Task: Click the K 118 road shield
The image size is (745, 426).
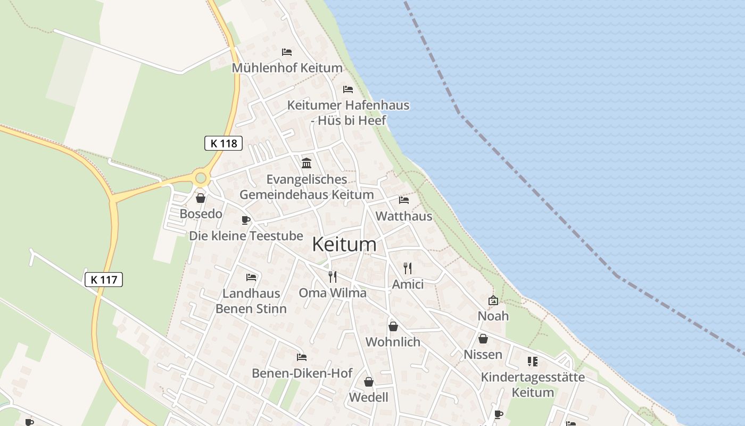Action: click(223, 143)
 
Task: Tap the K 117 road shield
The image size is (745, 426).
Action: click(104, 279)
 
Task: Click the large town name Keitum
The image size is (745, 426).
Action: click(344, 244)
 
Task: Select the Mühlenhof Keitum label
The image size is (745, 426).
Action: click(287, 68)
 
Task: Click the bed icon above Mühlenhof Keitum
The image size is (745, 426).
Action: click(287, 52)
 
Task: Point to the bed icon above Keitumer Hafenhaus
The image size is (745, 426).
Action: click(348, 89)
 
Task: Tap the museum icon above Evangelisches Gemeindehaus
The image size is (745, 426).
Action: click(307, 163)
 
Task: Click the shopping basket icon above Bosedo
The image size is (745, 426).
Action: click(201, 199)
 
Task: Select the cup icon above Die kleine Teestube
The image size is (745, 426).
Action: click(246, 220)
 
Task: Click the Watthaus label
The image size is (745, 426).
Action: click(404, 216)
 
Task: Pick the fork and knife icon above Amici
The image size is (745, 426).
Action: click(408, 268)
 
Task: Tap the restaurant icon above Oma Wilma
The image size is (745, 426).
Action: click(333, 277)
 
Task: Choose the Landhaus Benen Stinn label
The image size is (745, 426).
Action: click(251, 301)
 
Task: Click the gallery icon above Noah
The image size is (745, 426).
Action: click(493, 300)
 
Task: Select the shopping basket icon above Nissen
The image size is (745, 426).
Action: click(483, 339)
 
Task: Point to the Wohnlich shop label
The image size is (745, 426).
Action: click(393, 342)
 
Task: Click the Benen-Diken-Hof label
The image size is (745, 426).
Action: click(302, 373)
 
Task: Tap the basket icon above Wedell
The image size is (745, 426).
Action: click(368, 382)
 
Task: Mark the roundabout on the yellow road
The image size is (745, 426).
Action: click(201, 178)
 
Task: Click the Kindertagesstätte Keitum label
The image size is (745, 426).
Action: click(533, 384)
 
